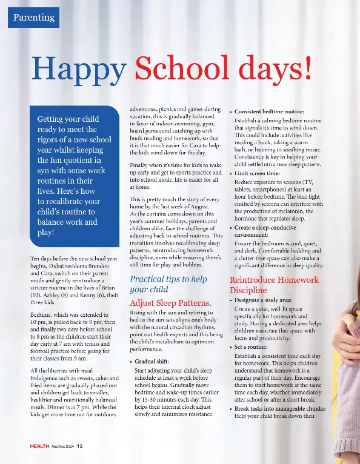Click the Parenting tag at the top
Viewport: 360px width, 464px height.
pos(34,18)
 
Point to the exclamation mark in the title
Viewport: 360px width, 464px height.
pos(308,68)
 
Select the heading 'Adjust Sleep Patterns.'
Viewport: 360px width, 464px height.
pos(171,302)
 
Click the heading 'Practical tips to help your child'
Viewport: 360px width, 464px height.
pos(168,284)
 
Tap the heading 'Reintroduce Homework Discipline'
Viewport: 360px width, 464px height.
pos(274,285)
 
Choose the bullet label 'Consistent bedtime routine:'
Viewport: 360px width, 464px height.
pos(269,112)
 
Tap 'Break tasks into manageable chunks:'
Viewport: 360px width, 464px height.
pos(279,409)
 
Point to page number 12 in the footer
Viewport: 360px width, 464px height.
pos(79,446)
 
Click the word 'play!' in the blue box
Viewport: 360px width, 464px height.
pos(46,232)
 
